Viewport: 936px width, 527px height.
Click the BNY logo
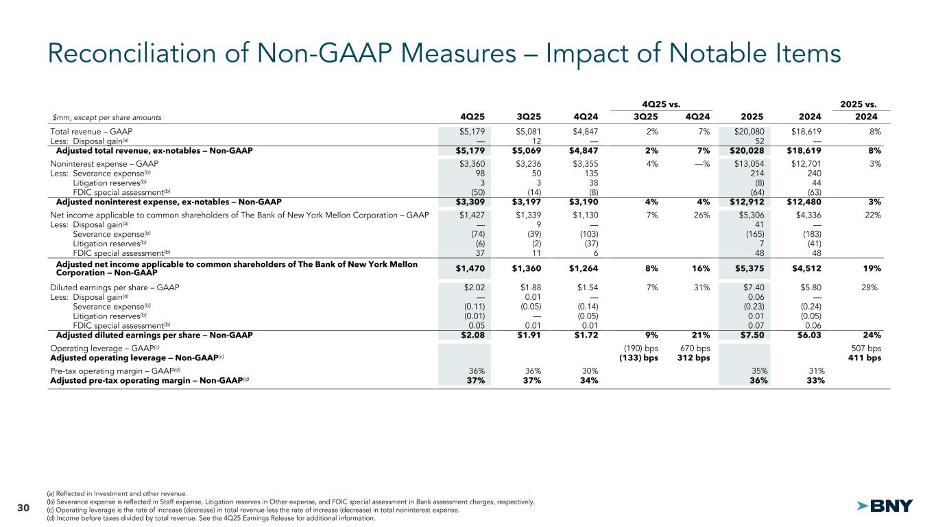point(885,506)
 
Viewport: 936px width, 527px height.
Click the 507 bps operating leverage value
point(865,347)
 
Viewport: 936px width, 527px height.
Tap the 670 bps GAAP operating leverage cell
point(694,347)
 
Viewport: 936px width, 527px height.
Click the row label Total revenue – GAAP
point(91,131)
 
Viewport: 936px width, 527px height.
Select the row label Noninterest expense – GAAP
point(104,163)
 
